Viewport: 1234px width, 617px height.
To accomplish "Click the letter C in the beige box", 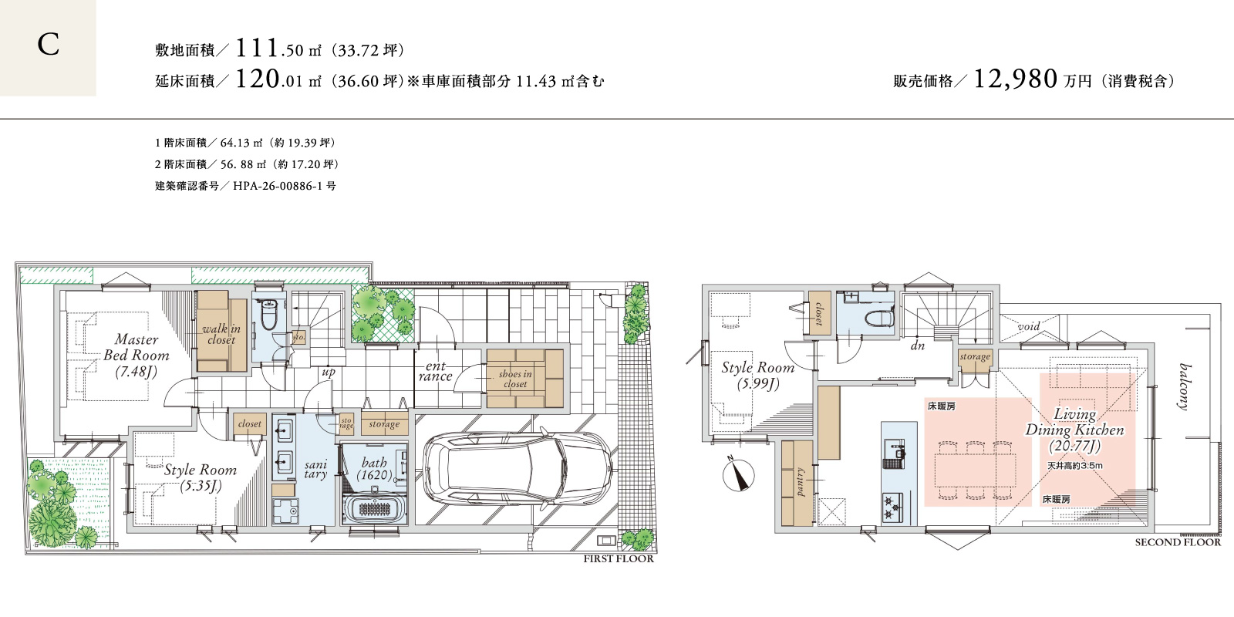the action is (49, 45).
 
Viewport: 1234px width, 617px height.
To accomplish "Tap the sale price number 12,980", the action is (1016, 79).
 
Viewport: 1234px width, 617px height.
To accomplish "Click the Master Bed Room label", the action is (136, 356).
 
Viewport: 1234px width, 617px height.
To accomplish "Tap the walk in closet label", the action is (221, 335).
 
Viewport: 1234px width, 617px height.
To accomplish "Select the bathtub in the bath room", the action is (375, 511).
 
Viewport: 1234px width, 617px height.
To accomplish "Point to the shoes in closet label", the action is (515, 379).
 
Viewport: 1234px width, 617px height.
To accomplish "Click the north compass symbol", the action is (738, 474).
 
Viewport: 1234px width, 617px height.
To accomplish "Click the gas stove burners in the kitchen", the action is (892, 507).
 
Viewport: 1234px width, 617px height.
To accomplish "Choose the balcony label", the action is (1183, 386).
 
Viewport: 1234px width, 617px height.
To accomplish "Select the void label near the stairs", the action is (1029, 326).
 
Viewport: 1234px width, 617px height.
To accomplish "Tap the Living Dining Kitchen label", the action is (1075, 430).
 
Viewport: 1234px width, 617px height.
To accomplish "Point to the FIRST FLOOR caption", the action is (619, 558).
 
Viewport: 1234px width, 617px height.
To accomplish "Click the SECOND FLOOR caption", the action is (1178, 542).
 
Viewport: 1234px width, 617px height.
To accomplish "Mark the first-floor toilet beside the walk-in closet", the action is (269, 315).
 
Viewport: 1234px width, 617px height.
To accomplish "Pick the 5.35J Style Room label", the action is (200, 477).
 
